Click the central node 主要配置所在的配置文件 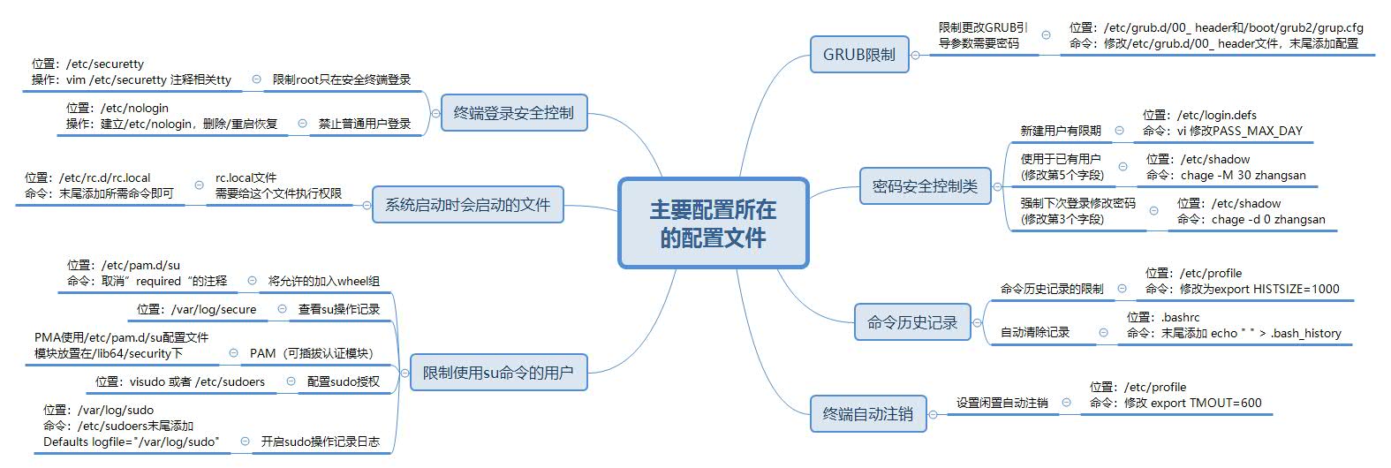pos(713,223)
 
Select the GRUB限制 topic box pos(858,55)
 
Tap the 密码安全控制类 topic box pos(925,186)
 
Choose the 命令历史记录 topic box pos(911,322)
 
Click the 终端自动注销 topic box pos(867,413)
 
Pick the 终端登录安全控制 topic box pos(513,113)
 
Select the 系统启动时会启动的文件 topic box pos(467,205)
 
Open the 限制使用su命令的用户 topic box pos(497,373)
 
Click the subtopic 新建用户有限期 pos(1060,131)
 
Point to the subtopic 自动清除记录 pos(1034,333)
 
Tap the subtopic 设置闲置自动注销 pos(1002,403)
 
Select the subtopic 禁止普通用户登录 pos(365,125)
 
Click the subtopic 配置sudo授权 pos(343,381)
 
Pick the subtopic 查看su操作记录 pos(338,309)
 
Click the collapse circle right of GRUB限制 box pos(915,55)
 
